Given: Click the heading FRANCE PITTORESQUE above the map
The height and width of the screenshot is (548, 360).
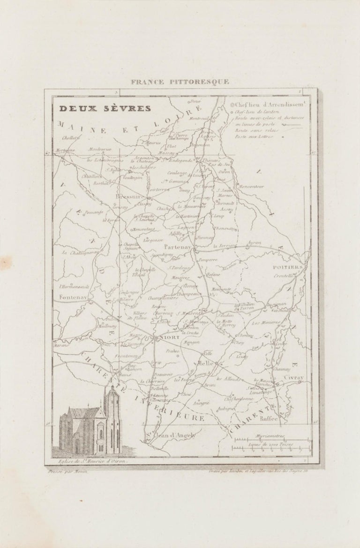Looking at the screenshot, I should [180, 81].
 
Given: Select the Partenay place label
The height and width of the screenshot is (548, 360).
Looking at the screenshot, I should [177, 246].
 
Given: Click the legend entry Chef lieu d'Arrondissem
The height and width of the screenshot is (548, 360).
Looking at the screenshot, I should [269, 104].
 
